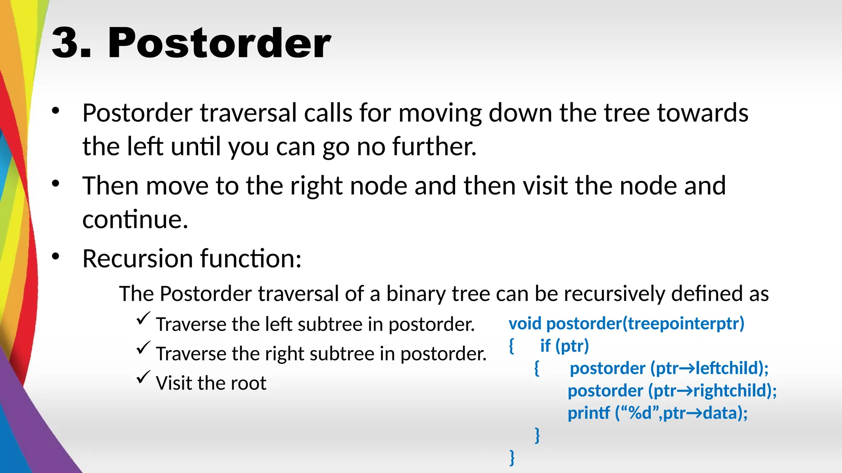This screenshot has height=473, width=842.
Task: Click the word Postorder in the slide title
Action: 219,43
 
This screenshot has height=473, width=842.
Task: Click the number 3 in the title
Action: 66,43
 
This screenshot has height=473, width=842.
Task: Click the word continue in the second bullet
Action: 135,219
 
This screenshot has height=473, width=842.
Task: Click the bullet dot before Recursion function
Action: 56,257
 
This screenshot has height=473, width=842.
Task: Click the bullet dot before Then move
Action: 56,184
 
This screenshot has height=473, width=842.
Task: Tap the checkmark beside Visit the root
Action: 143,377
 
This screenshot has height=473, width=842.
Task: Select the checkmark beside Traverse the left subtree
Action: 143,318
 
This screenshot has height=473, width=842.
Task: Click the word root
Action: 248,383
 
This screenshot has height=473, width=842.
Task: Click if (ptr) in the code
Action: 564,346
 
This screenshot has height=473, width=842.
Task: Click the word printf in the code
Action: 588,413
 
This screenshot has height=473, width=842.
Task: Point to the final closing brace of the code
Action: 512,457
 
